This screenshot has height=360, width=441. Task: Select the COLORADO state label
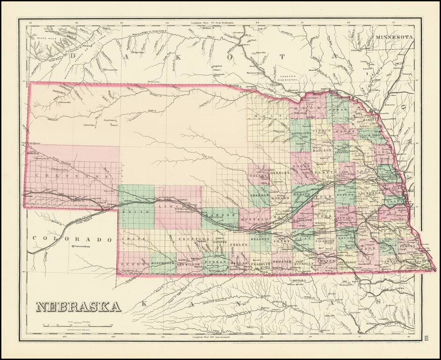click(73, 239)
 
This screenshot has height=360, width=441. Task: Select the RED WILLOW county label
click(189, 264)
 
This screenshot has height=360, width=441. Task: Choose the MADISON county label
click(322, 150)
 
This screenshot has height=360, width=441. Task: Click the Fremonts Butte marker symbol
click(72, 247)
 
